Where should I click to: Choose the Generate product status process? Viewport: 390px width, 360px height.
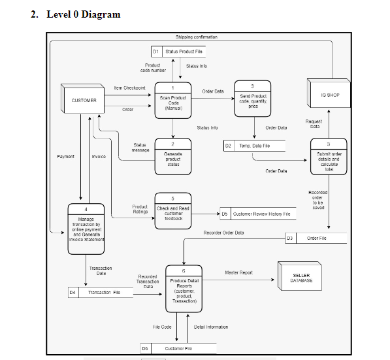tap(172, 155)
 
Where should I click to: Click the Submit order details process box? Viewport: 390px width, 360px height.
tap(329, 157)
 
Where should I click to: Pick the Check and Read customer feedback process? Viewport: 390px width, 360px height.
tap(172, 210)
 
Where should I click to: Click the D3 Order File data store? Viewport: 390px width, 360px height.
tap(316, 238)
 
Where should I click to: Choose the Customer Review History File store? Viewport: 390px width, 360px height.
tap(257, 214)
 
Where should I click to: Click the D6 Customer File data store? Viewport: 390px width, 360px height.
tap(172, 349)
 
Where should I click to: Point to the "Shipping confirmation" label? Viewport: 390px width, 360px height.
tap(197, 37)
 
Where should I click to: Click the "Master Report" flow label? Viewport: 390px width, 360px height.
tap(238, 272)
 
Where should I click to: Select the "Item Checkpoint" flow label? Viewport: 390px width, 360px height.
tap(129, 88)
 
